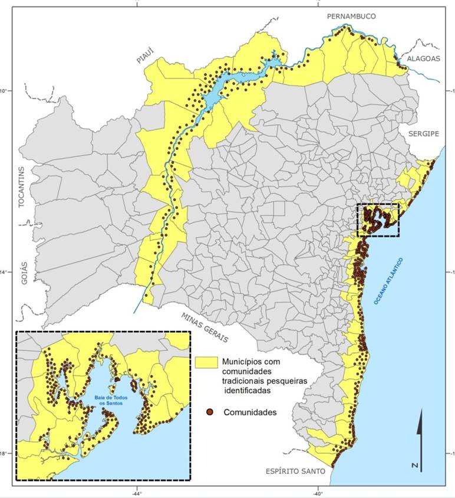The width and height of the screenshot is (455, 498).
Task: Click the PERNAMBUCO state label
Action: (352, 16)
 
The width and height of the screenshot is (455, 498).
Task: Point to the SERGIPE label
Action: (423, 134)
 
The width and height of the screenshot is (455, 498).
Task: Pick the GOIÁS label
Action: (25, 272)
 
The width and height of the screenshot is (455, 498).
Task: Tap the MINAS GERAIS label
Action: (205, 326)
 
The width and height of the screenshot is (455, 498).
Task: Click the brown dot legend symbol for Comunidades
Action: (210, 412)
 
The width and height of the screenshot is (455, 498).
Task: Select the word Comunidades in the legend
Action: (250, 412)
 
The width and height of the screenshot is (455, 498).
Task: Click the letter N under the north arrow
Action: (416, 466)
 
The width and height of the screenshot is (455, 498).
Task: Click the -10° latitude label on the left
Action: (5, 91)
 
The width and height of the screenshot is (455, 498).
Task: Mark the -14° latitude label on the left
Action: (5, 272)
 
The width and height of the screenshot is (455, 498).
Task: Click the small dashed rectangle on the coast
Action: (378, 220)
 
